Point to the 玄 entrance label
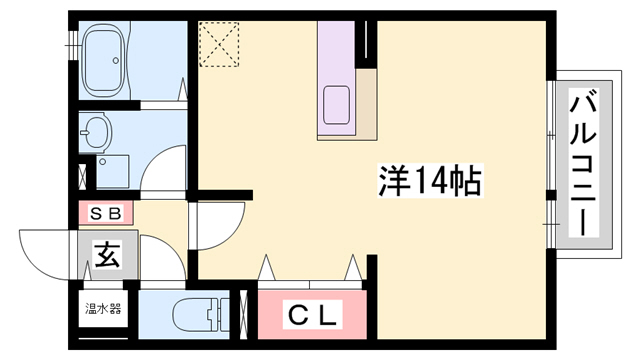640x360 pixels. click(107, 256)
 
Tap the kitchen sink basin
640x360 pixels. click(337, 105)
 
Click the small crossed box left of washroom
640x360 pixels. click(82, 171)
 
